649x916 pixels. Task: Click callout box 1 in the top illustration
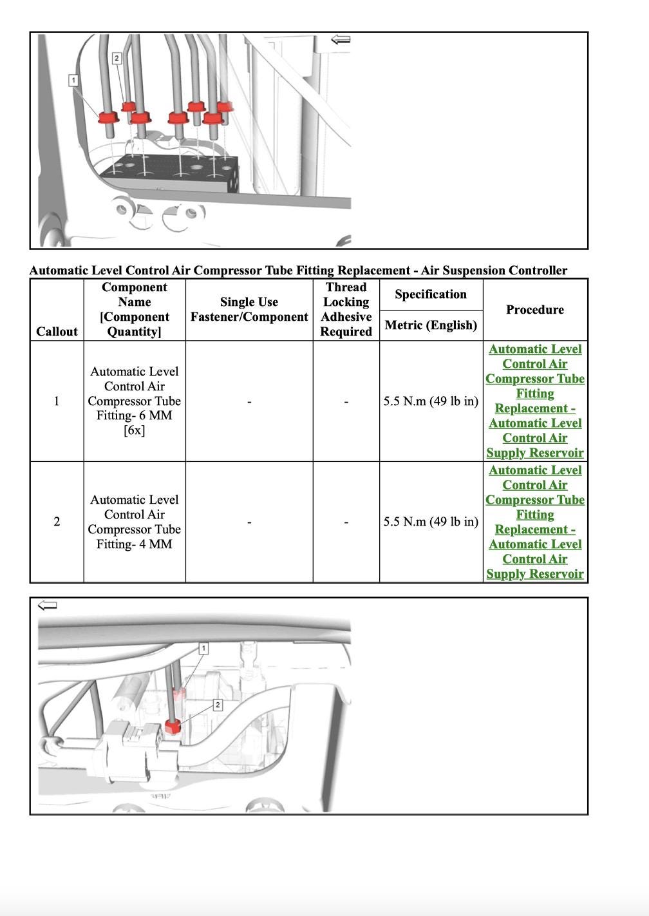click(73, 81)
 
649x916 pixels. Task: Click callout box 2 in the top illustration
click(117, 59)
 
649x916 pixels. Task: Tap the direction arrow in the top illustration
click(341, 40)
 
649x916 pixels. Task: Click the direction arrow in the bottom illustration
click(48, 605)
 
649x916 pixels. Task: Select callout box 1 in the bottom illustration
click(203, 648)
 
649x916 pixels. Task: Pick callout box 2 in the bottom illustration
click(218, 705)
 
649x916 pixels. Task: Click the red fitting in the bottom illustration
click(173, 726)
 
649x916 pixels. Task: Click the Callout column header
click(57, 331)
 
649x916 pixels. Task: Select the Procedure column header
click(534, 310)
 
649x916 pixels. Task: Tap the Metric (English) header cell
click(431, 325)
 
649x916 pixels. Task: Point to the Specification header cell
click(431, 294)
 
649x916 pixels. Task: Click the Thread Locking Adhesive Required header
click(346, 309)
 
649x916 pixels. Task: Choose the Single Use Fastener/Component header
click(249, 309)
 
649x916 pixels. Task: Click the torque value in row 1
click(431, 401)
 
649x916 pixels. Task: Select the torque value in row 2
click(431, 522)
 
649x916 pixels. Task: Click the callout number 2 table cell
click(57, 522)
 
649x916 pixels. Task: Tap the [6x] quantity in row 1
click(135, 430)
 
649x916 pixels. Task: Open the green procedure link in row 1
click(534, 401)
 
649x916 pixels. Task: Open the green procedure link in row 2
click(534, 522)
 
